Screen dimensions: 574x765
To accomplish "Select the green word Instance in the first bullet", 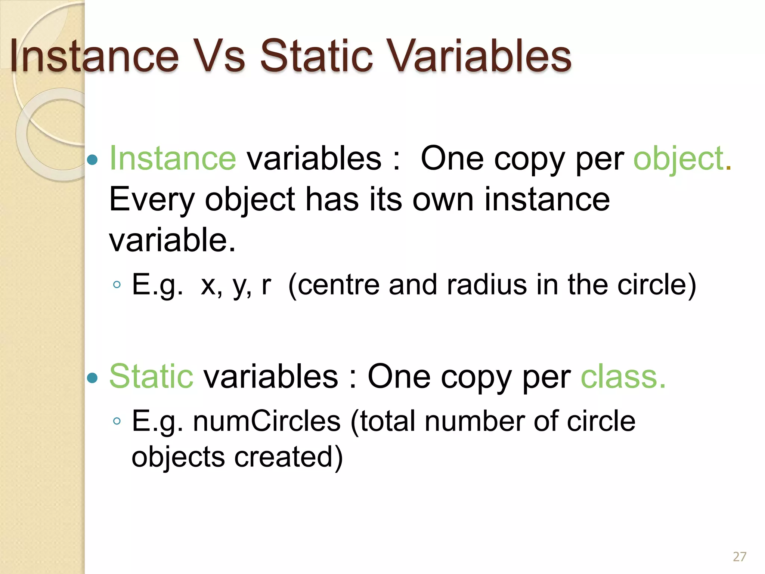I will point(173,159).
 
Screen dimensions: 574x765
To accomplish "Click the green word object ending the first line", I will point(678,159).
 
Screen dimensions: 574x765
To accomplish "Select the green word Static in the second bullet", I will point(151,376).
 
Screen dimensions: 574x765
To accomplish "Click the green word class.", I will point(623,376).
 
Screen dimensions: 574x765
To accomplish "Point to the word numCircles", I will point(267,421).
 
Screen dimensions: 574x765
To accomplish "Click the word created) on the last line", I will point(288,457).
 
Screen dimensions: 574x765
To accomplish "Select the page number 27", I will point(739,557).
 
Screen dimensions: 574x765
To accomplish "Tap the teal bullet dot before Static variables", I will point(92,378).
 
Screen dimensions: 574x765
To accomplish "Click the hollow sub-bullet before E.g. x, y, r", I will point(117,285).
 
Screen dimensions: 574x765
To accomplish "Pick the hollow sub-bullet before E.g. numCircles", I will point(117,422).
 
